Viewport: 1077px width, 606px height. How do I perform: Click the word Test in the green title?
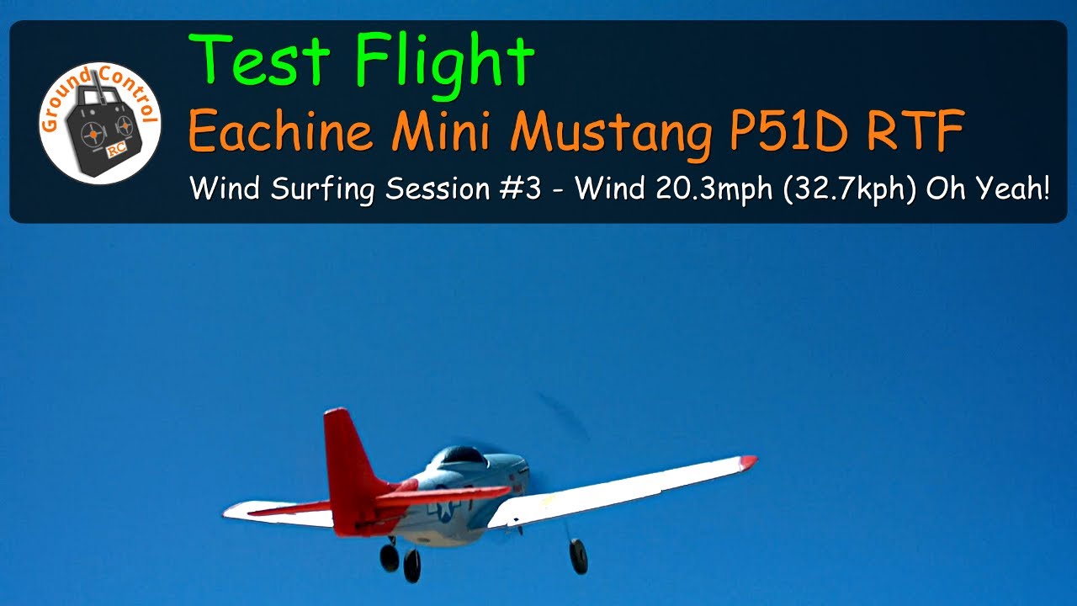[259, 60]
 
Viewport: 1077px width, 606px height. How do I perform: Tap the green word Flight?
[445, 65]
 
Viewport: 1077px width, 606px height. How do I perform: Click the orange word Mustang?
[611, 135]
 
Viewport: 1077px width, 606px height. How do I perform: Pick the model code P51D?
[788, 130]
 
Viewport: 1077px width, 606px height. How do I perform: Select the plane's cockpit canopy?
[460, 457]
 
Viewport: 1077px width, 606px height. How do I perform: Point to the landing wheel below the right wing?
[578, 556]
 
